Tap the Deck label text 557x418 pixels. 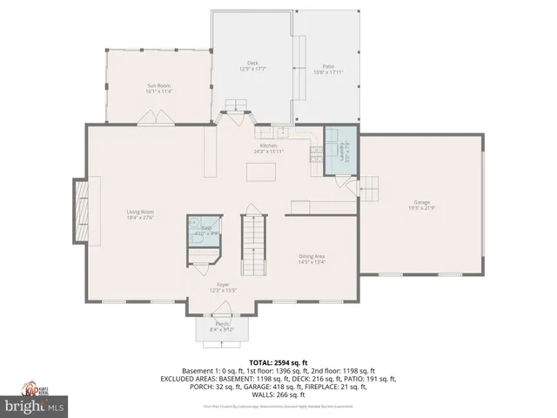253,65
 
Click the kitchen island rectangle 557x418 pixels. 258,173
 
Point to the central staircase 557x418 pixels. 253,246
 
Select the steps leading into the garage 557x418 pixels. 370,187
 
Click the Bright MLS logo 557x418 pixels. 35,406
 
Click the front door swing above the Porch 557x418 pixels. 224,307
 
